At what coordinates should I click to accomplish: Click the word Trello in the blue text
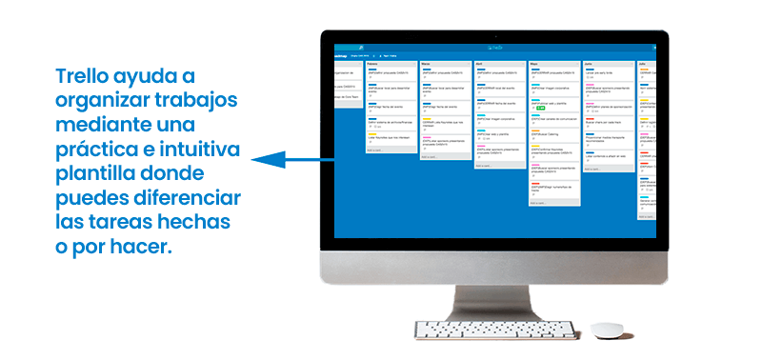[x=89, y=75]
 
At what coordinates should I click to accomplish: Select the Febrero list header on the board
[x=375, y=65]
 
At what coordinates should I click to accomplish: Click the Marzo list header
[x=428, y=65]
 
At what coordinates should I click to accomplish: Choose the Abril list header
[x=480, y=65]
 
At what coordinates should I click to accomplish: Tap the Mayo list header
[x=534, y=65]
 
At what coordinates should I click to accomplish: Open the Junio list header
[x=590, y=65]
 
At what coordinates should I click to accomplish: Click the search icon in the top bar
[x=361, y=47]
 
